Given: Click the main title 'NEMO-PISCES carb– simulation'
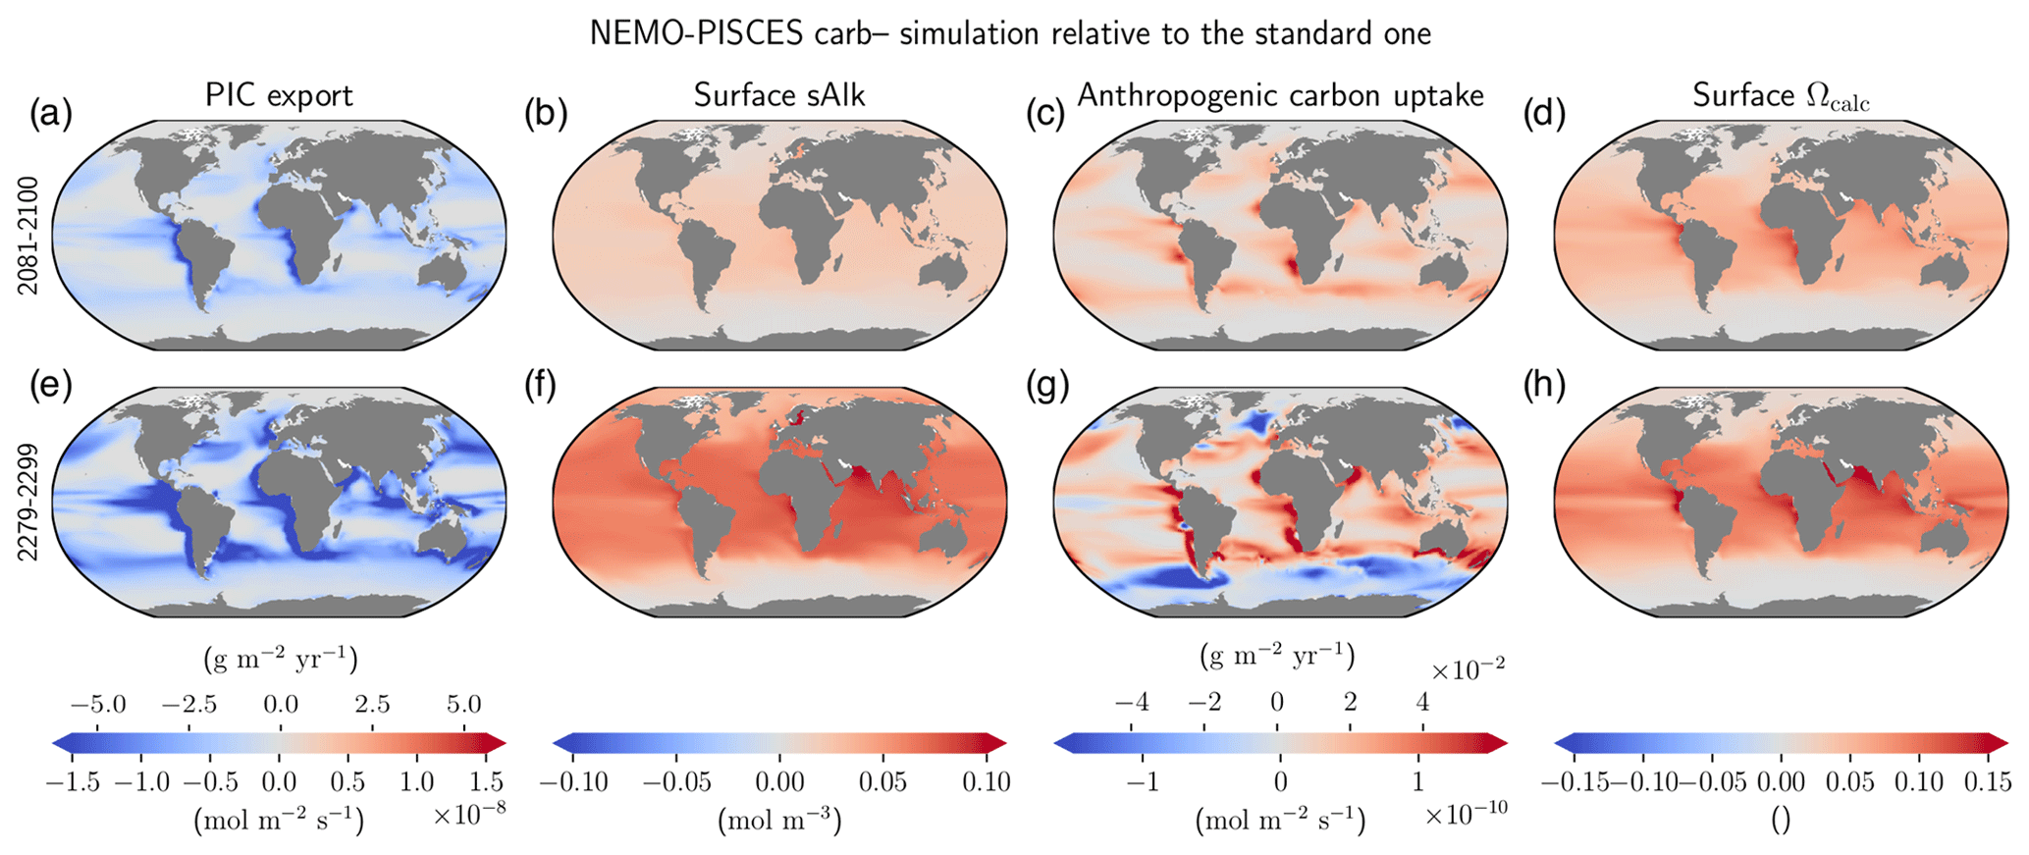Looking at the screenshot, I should [1010, 33].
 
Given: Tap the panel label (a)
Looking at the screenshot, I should [50, 115].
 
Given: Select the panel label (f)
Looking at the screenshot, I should [540, 386].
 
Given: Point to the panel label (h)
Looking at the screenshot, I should [1543, 386].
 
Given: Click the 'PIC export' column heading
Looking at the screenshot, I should [279, 95].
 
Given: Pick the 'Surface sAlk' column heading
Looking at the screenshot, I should [779, 95].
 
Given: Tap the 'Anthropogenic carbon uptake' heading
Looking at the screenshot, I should [1280, 95].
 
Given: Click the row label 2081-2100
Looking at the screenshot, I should [28, 236].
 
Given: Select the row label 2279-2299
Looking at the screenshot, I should [28, 503].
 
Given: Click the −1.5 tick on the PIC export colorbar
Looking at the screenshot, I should [72, 782].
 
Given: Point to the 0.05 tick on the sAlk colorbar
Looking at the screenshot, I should [882, 782].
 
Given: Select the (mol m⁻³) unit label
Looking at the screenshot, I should [779, 821].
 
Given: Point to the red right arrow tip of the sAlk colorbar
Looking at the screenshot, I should [998, 743].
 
